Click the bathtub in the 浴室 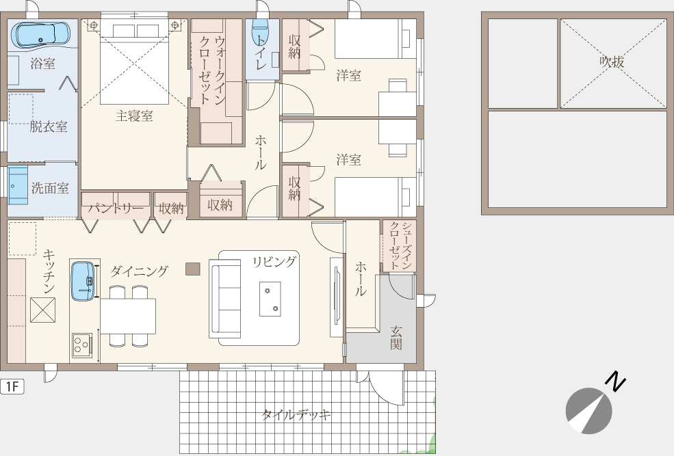pos(40,35)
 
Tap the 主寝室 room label pos(134,116)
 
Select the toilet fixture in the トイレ pos(260,31)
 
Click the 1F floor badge pos(12,386)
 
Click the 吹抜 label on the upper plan pos(612,62)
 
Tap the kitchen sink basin pos(83,281)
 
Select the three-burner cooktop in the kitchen pos(82,345)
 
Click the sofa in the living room pos(225,298)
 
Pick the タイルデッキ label pos(296,415)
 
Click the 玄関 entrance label pos(396,338)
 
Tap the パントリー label pos(116,209)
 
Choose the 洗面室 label pos(50,188)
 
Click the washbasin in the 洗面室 pos(18,185)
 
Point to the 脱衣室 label pos(48,126)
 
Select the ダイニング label pos(139,271)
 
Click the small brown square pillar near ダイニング pos(192,269)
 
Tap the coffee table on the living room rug pos(270,299)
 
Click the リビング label pos(274,262)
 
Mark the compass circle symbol pos(588,410)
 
